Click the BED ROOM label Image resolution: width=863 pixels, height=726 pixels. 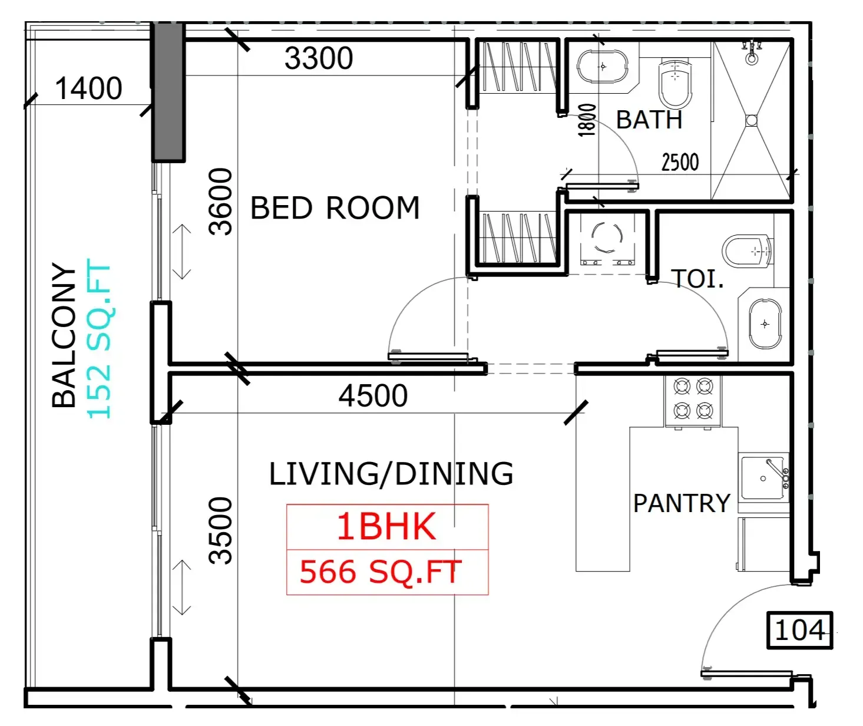[335, 207]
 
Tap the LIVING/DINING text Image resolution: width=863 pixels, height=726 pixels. [391, 473]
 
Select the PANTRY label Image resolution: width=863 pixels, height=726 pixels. [682, 503]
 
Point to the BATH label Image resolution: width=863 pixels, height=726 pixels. [649, 120]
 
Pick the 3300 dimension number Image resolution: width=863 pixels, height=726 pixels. [319, 58]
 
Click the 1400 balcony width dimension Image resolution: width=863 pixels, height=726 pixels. [88, 88]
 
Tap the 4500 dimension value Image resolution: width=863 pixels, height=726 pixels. [373, 395]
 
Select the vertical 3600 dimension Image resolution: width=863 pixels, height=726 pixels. [221, 202]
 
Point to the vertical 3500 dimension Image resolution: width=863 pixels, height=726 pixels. [221, 530]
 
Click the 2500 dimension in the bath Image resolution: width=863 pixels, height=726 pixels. [680, 162]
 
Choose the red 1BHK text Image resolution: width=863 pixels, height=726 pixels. [386, 526]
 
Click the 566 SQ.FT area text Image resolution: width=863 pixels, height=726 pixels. [381, 572]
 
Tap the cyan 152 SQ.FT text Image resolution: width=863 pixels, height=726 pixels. [99, 338]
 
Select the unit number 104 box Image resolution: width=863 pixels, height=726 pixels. [800, 631]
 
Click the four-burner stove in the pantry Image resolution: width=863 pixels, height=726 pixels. [693, 400]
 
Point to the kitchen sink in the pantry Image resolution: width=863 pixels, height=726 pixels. [764, 477]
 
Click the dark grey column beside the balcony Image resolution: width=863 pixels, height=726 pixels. [168, 92]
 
